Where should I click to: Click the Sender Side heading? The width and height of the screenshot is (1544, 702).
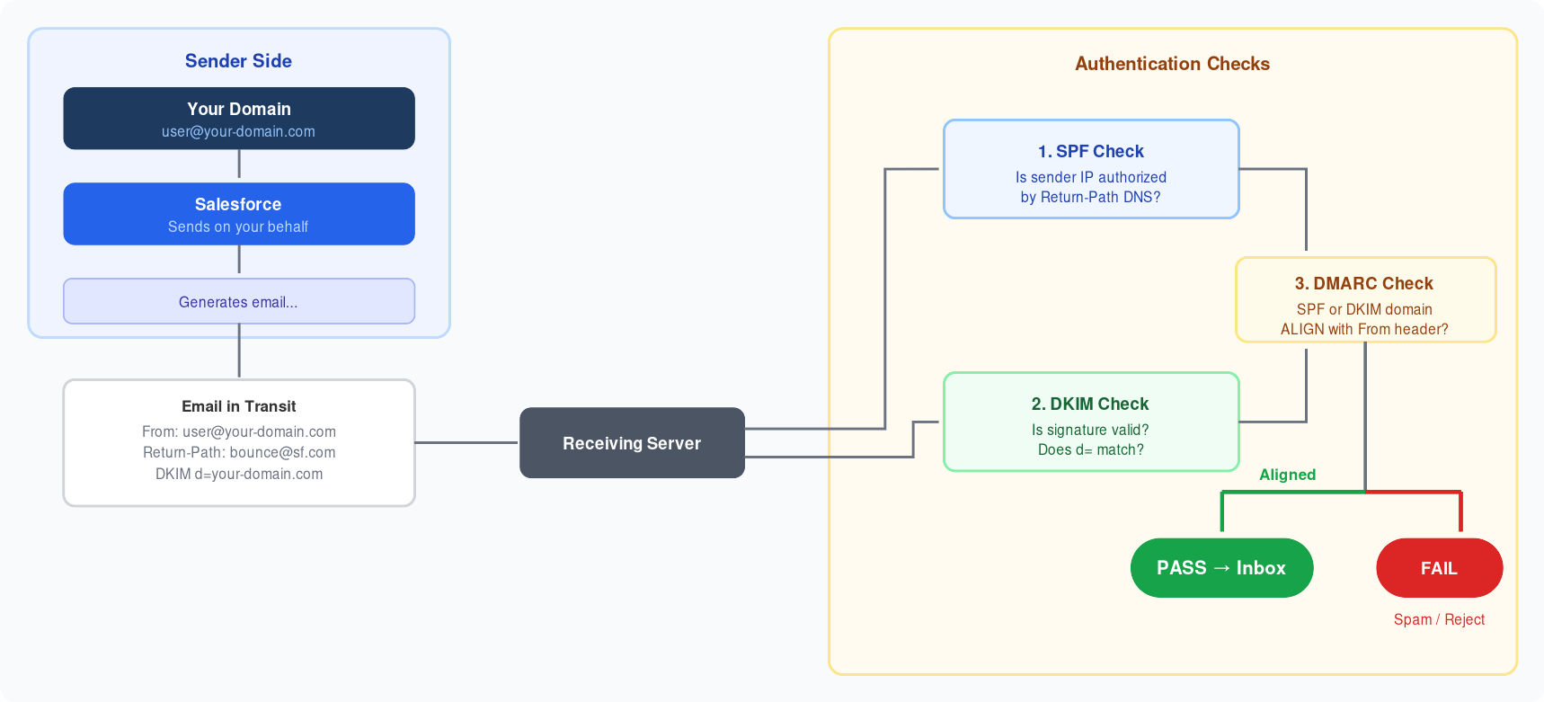point(238,61)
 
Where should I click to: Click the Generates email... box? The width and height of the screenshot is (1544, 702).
point(238,302)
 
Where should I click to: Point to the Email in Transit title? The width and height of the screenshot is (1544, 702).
point(238,406)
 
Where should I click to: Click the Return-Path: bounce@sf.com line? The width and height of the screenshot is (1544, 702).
point(238,452)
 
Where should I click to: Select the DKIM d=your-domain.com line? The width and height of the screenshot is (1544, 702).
point(238,474)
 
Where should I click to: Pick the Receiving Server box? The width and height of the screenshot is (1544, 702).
point(632,443)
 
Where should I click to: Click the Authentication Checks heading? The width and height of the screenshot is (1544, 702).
point(1172,64)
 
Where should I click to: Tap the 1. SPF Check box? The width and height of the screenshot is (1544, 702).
point(1091,169)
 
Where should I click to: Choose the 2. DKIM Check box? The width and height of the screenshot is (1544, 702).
point(1091,422)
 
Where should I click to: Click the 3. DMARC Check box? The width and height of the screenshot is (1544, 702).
point(1365,300)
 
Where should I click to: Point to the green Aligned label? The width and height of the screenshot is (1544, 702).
point(1287,475)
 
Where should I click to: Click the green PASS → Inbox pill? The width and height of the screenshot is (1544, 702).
point(1221,568)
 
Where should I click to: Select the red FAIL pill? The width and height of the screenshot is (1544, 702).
point(1439,568)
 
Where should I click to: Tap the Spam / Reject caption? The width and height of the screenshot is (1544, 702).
point(1439,619)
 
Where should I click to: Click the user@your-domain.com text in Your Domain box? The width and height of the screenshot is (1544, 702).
point(238,132)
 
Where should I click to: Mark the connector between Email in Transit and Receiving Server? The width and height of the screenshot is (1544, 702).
point(466,442)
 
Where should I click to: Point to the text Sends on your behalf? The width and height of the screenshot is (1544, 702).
point(238,227)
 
